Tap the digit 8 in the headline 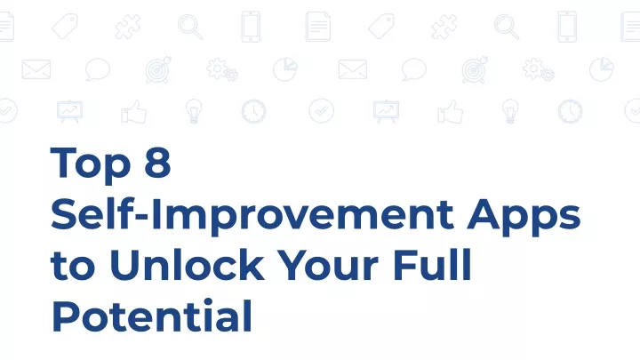coord(157,162)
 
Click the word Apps coord(524,216)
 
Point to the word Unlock coord(187,264)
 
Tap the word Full coord(433,264)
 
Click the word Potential coord(152,316)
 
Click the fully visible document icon coord(318,27)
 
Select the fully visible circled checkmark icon coord(322,110)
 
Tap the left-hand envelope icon coord(36,69)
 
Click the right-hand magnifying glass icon coord(507,27)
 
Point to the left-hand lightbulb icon coord(194,110)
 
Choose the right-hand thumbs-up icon coord(450,111)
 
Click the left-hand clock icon coord(253,111)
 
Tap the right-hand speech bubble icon coord(414,69)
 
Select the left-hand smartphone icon coord(251,27)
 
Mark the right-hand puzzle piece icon coord(444,27)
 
